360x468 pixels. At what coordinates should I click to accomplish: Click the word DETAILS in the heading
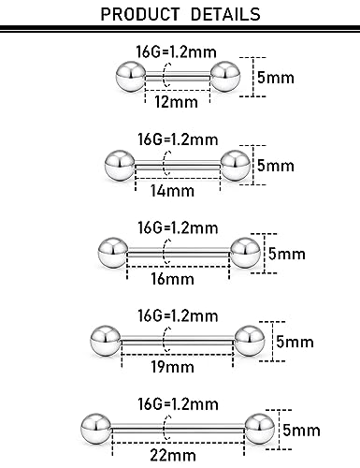(224, 17)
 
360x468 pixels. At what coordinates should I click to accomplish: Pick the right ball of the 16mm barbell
(244, 252)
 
